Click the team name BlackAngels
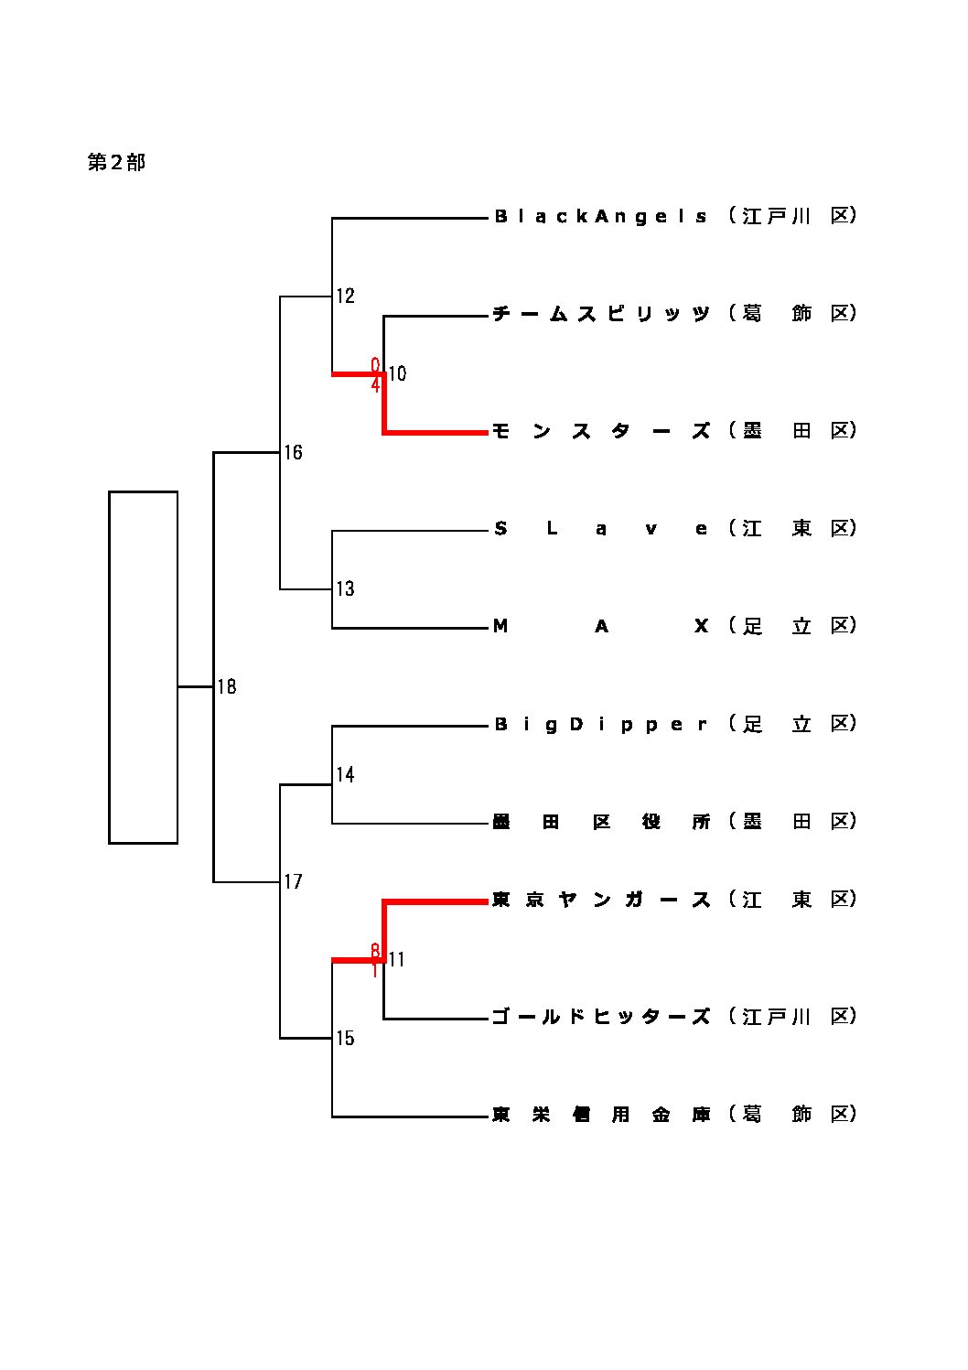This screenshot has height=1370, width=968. pos(601,217)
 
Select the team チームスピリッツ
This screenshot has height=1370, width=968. pos(601,314)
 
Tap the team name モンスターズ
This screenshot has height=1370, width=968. pos(601,431)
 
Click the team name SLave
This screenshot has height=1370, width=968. pos(601,529)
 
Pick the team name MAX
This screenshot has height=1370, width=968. pos(601,626)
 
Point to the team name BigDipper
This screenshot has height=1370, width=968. pos(601,725)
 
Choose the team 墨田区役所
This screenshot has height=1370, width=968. pos(601,822)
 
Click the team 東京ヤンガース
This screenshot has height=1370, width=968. pos(601,901)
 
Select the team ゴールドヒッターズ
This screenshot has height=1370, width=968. pos(601,1017)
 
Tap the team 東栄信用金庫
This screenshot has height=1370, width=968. pos(601,1115)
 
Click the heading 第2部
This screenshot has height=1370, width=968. pos(116,163)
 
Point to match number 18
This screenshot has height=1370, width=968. pos(227,686)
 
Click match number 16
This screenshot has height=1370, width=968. pos(293,452)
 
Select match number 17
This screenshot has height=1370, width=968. pos(293,882)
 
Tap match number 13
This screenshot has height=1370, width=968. pos(345,588)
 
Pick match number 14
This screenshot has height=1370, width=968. pos(345,775)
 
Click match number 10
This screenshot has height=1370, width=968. pos(397,373)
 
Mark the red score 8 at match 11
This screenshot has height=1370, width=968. pos(375,950)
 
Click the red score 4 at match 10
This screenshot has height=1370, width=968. pos(375,385)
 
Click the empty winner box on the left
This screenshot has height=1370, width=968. pos(143,667)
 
